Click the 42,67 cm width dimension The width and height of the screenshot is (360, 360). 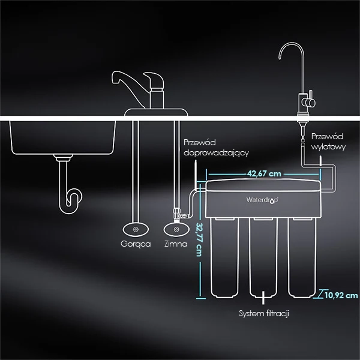tap(265, 175)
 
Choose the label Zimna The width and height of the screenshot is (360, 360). tap(176, 245)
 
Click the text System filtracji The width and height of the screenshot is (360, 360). tap(265, 314)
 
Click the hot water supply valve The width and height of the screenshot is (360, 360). tap(135, 229)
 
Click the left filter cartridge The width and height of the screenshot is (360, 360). tap(226, 258)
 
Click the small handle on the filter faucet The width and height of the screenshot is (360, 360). tap(310, 103)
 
